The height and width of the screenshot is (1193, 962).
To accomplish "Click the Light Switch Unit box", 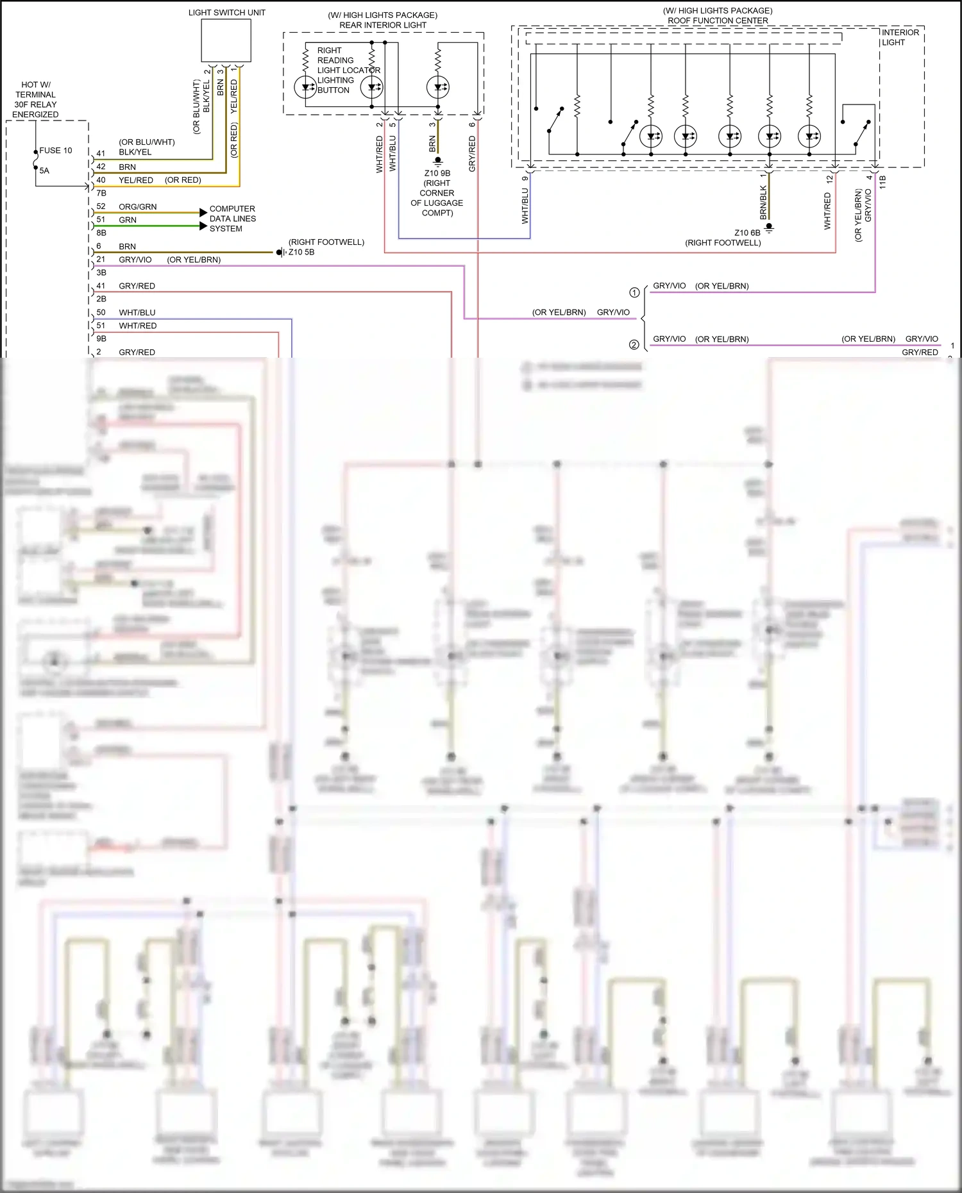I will pyautogui.click(x=226, y=40).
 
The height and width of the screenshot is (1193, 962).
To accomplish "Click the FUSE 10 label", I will pyautogui.click(x=56, y=151).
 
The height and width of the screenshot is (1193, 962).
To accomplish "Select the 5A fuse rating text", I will pyautogui.click(x=44, y=171).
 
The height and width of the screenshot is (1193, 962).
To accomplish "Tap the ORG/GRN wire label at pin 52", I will pyautogui.click(x=137, y=207).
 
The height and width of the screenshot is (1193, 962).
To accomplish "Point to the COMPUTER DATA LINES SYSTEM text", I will pyautogui.click(x=232, y=219).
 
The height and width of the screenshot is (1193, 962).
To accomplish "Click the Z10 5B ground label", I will pyautogui.click(x=301, y=253).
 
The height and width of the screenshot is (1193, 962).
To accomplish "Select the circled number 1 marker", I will pyautogui.click(x=634, y=293).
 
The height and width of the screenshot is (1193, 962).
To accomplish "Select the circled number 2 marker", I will pyautogui.click(x=634, y=345).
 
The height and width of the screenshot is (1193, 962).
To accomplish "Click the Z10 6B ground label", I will pyautogui.click(x=747, y=233).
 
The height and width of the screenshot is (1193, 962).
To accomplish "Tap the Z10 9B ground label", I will pyautogui.click(x=437, y=173).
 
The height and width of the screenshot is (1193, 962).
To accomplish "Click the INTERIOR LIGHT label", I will pyautogui.click(x=900, y=37).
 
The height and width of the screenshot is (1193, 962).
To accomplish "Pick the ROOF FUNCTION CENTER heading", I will pyautogui.click(x=717, y=21).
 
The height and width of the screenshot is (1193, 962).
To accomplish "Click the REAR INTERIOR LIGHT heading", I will pyautogui.click(x=382, y=25).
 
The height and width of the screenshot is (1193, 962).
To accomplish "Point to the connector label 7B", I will pyautogui.click(x=101, y=193).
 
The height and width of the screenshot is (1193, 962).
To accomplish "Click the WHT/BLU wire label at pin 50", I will pyautogui.click(x=137, y=313).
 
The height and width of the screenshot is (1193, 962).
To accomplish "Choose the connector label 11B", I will pyautogui.click(x=882, y=181).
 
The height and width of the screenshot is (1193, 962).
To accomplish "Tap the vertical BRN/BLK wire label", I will pyautogui.click(x=763, y=202).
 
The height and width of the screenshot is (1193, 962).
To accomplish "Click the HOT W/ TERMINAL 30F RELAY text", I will pyautogui.click(x=35, y=99).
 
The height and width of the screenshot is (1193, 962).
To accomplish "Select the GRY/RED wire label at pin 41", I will pyautogui.click(x=137, y=286).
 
